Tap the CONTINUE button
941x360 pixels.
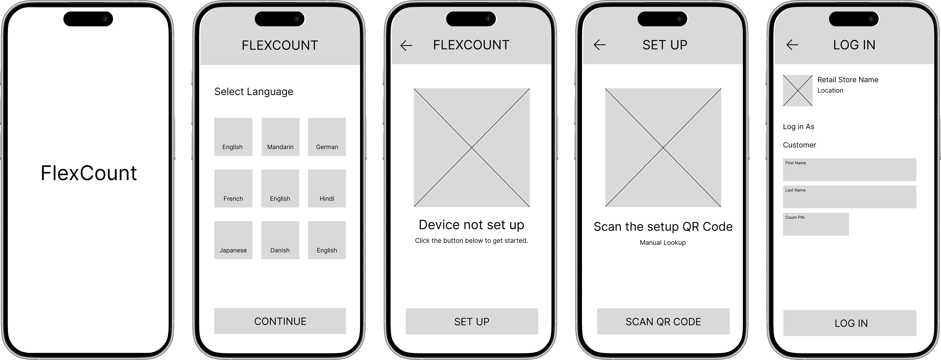pos(280,321)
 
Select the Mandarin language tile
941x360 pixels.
pos(280,137)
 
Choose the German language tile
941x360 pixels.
pos(327,137)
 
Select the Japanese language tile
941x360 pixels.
pos(233,240)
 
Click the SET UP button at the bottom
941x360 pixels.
pos(472,321)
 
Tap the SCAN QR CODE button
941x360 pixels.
pos(663,321)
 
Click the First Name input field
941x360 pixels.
pos(849,170)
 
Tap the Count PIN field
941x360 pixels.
pos(816,224)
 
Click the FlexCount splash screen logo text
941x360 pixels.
pos(89,173)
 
